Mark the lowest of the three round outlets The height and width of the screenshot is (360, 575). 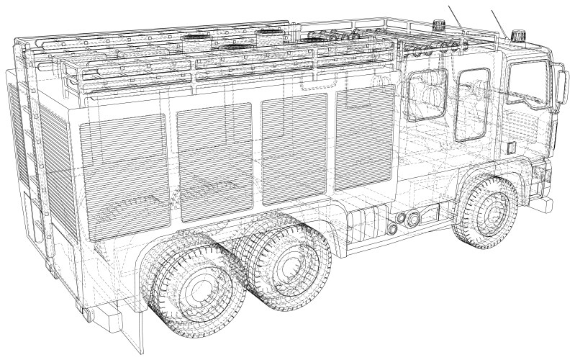[393, 228]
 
